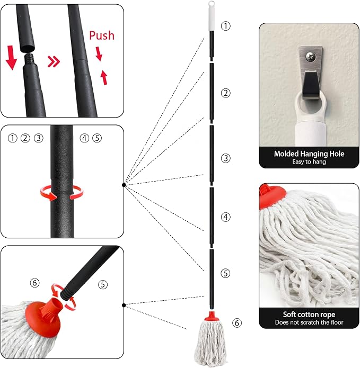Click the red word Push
click(x=102, y=35)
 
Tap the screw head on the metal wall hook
click(x=311, y=57)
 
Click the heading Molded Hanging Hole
click(x=309, y=154)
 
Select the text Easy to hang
click(x=309, y=161)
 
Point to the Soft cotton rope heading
click(x=309, y=314)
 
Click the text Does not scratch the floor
click(x=309, y=322)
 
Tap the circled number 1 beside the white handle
click(x=225, y=26)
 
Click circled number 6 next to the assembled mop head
click(x=237, y=323)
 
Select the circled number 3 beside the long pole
click(x=225, y=158)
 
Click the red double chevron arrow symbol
click(x=54, y=62)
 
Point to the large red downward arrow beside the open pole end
click(x=11, y=58)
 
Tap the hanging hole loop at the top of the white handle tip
click(x=211, y=4)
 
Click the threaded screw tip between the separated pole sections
click(x=30, y=60)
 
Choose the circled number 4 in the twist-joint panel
click(x=84, y=138)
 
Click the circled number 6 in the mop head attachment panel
click(x=35, y=283)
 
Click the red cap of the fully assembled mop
click(x=212, y=316)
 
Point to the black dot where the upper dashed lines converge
click(x=124, y=185)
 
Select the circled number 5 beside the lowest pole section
click(x=225, y=273)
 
